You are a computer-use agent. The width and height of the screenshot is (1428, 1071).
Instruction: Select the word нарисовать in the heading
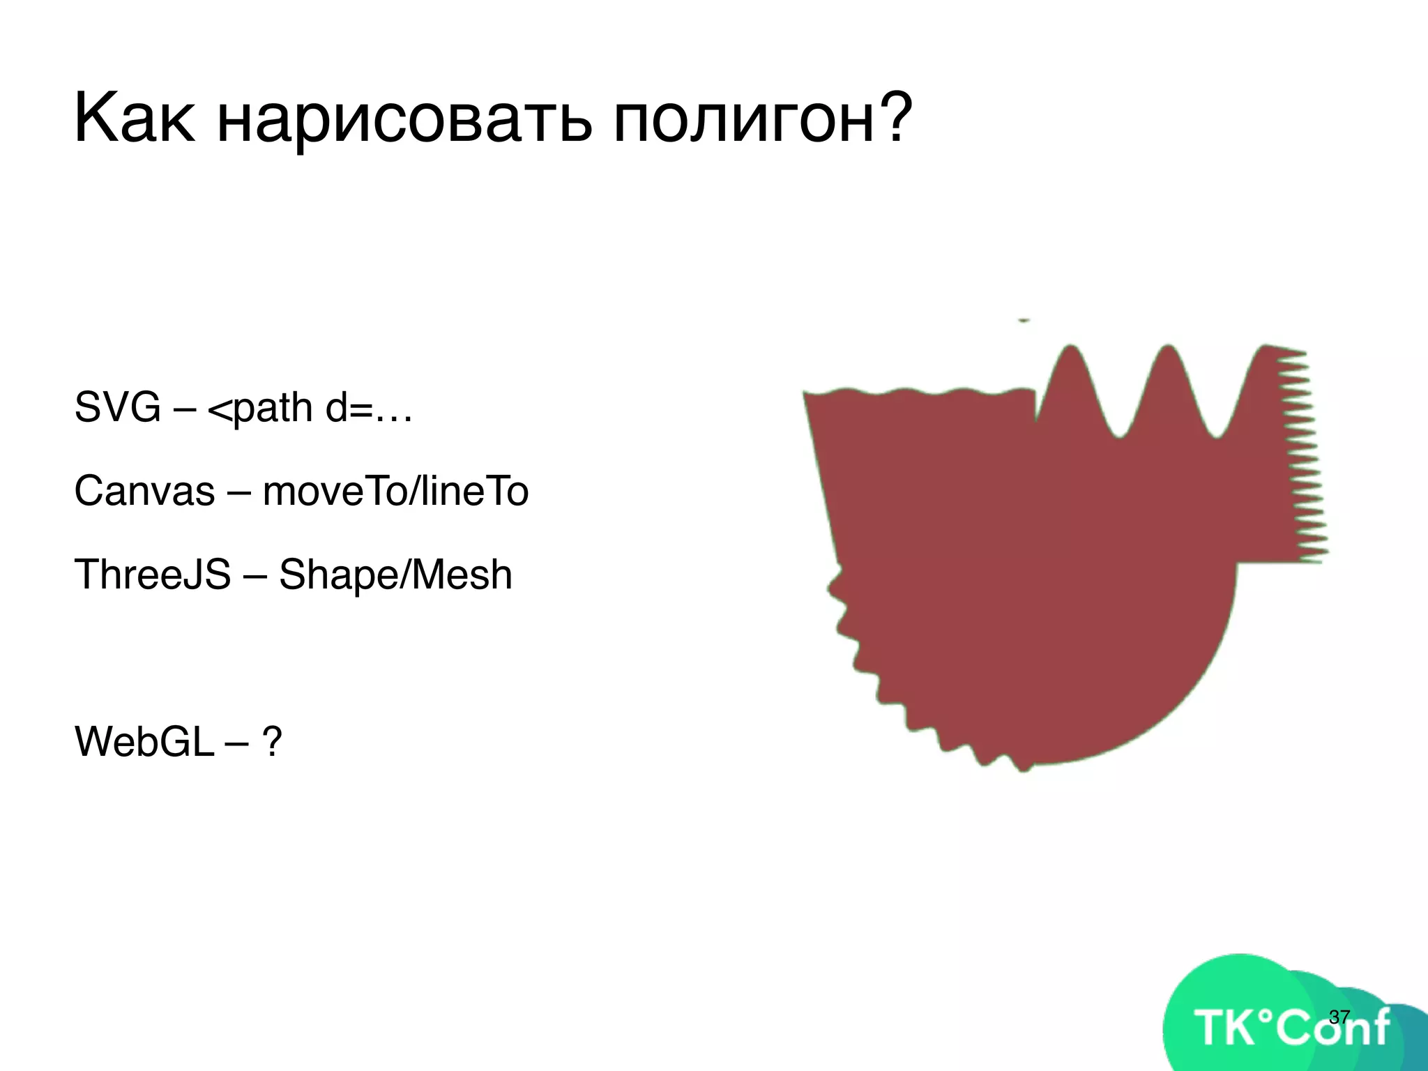coord(404,120)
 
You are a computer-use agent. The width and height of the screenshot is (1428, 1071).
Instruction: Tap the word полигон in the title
coord(742,120)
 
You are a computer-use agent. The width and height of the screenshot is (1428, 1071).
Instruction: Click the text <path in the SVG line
coord(259,408)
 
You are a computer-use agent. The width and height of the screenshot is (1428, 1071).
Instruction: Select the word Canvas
coord(144,491)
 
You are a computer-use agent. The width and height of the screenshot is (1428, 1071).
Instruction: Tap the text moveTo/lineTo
coord(395,491)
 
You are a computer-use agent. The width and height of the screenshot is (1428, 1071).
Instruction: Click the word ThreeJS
coord(152,575)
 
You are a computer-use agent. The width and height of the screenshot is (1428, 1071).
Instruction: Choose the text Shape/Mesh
coord(395,575)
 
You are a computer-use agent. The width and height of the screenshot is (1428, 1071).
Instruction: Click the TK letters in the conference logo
coord(1226,1028)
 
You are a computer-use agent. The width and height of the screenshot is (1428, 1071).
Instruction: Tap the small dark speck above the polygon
coord(1024,320)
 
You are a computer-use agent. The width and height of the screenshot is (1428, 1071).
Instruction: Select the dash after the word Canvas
coord(238,492)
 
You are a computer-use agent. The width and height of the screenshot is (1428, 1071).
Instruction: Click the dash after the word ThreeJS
coord(255,576)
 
